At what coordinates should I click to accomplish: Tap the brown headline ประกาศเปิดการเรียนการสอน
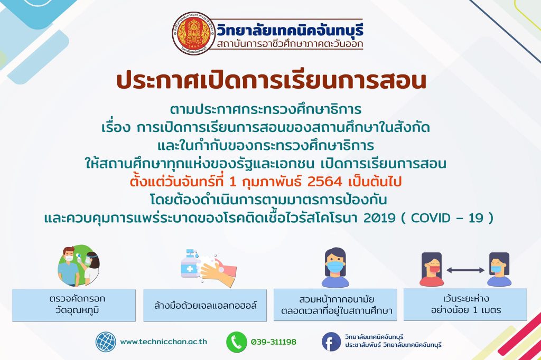(271, 81)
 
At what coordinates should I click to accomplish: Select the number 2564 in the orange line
(324, 182)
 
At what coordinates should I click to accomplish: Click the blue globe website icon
(106, 342)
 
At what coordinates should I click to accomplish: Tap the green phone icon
(236, 342)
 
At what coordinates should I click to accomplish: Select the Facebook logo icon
(332, 342)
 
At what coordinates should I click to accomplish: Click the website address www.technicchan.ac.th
(164, 342)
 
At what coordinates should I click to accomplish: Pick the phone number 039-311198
(273, 342)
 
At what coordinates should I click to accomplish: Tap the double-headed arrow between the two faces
(465, 270)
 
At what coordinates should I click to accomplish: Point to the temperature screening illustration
(79, 266)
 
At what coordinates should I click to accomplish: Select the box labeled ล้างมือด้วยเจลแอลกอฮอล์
(205, 306)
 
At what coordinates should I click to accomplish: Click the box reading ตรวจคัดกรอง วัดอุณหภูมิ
(74, 306)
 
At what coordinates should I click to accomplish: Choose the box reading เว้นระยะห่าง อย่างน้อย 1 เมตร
(465, 305)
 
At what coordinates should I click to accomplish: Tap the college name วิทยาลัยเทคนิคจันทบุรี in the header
(290, 30)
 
